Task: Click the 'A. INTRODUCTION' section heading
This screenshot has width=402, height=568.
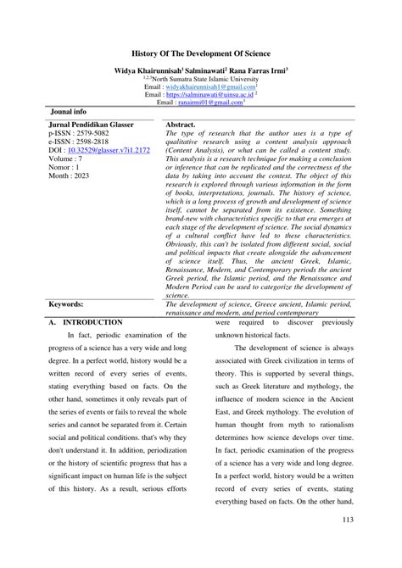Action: click(86, 299)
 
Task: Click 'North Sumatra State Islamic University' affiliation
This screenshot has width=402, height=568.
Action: click(203, 78)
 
